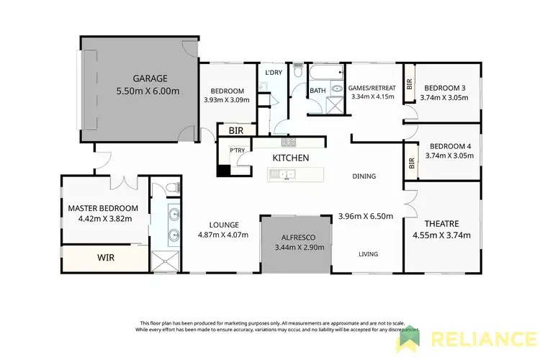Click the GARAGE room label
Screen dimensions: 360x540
[150, 78]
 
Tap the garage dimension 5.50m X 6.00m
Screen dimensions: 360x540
[148, 91]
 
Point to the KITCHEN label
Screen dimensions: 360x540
[290, 158]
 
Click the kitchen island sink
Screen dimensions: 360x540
[284, 174]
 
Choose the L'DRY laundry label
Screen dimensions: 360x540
[273, 73]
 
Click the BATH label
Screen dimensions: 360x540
[318, 91]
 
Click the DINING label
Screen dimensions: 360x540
[364, 176]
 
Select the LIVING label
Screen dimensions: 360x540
[369, 253]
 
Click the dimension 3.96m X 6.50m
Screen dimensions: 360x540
[368, 215]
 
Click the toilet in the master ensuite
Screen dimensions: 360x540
[171, 189]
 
